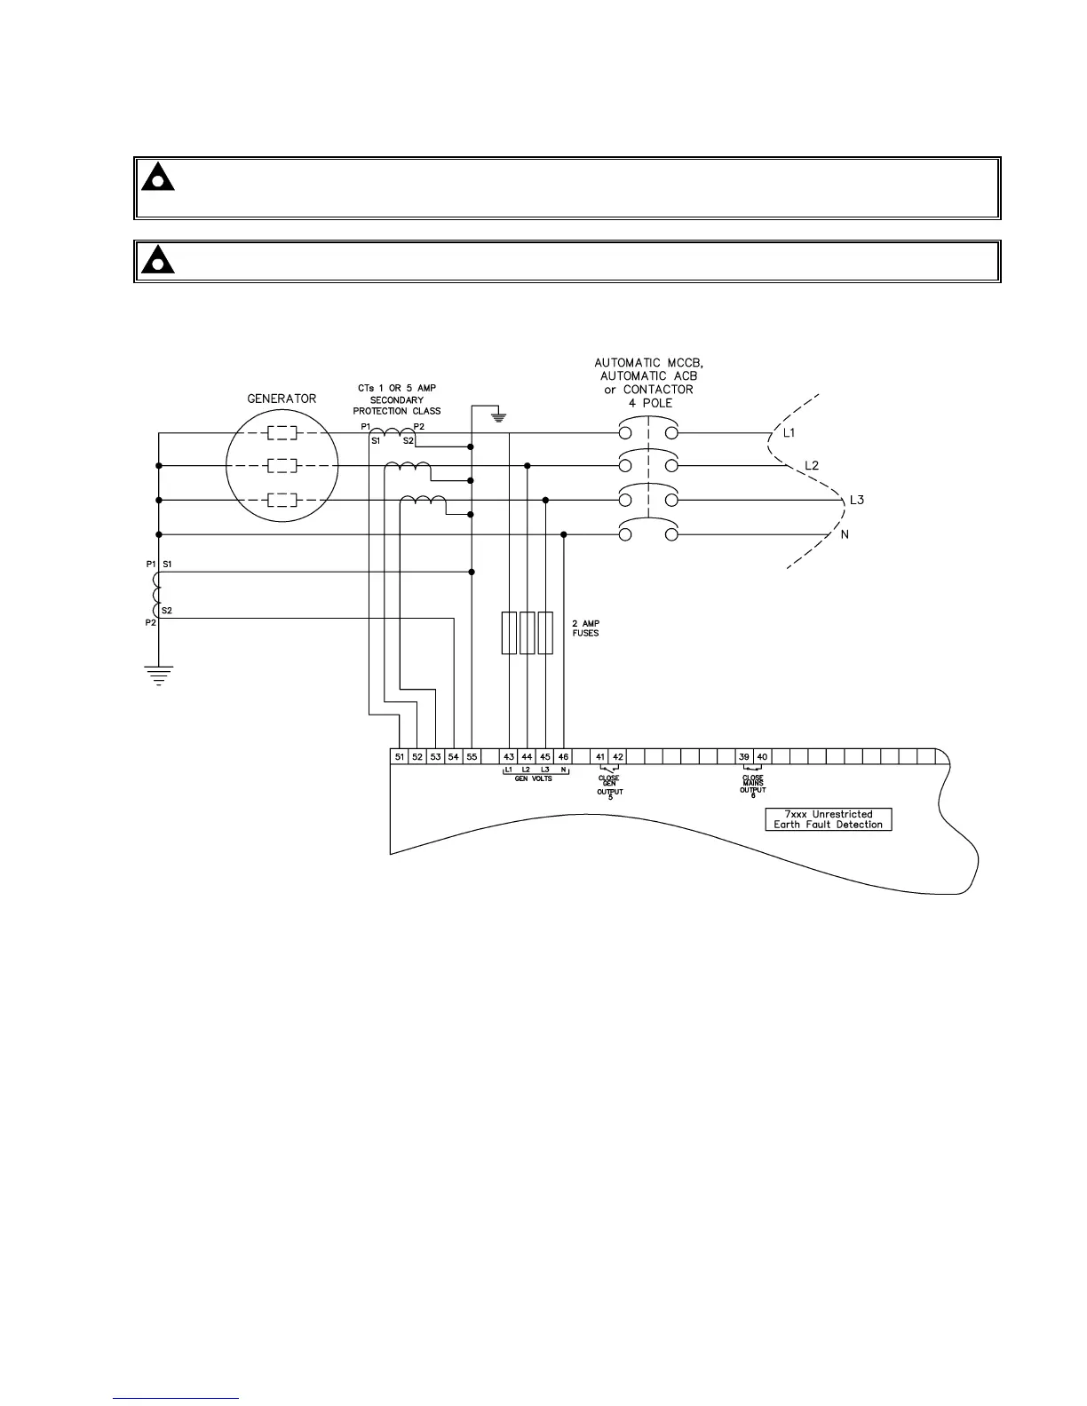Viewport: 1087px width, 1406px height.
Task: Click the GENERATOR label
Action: (x=281, y=399)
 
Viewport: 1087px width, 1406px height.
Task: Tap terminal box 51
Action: (x=400, y=757)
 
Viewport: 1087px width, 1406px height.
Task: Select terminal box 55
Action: (x=472, y=757)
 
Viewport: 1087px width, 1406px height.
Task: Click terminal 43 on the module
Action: (x=509, y=757)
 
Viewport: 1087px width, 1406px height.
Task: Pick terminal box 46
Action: (x=563, y=757)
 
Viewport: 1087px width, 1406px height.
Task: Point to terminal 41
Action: (x=600, y=757)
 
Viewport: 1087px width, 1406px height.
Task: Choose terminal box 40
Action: (x=762, y=757)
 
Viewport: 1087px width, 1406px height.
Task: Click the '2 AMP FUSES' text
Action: (x=586, y=628)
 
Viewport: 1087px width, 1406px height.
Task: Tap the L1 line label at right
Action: (x=789, y=432)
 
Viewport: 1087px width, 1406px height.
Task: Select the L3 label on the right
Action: (x=857, y=500)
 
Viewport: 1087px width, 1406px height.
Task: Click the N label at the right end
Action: (x=845, y=534)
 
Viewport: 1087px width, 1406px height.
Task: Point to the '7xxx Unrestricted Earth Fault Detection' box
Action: (x=828, y=819)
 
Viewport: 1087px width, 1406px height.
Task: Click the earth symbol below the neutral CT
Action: (x=157, y=676)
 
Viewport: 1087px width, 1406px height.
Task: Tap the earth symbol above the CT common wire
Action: (x=499, y=415)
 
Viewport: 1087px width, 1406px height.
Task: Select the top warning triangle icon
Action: (x=157, y=178)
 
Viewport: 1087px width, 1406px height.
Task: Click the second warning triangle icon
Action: (x=157, y=260)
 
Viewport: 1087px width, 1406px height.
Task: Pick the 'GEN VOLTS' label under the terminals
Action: (x=533, y=779)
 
